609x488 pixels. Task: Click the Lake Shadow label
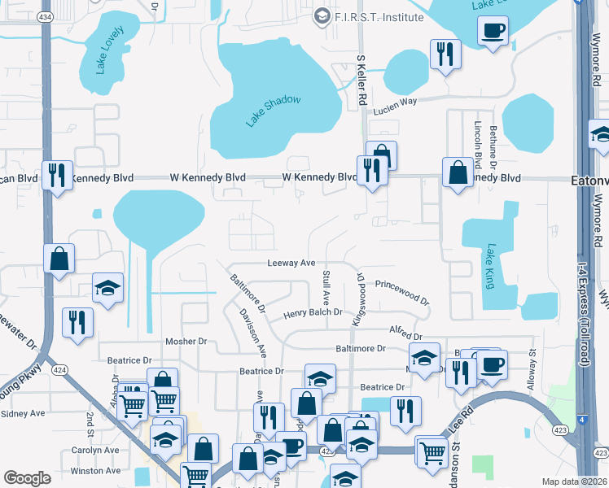point(274,111)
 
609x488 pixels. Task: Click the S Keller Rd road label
point(361,81)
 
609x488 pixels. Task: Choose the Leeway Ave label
point(291,263)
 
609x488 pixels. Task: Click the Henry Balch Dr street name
point(313,313)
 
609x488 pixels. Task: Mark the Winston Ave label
point(95,471)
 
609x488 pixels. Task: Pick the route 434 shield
point(46,16)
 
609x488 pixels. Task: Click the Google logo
point(27,477)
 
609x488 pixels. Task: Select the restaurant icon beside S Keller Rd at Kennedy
point(372,170)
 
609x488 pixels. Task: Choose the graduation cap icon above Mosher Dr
point(107,287)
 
